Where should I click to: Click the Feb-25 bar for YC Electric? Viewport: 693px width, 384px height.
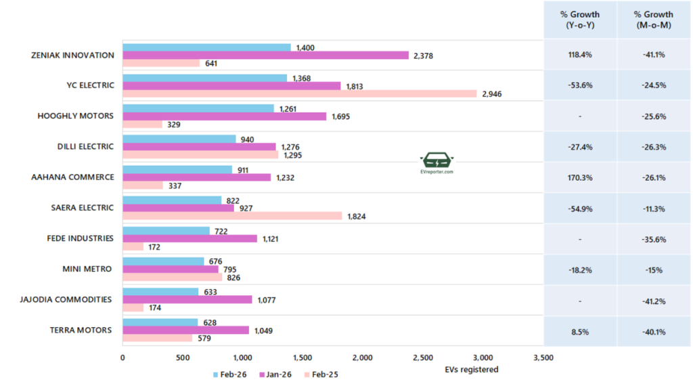(299, 93)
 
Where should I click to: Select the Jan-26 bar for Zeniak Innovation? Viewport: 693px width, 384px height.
(265, 55)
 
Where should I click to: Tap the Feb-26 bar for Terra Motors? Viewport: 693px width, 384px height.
(160, 322)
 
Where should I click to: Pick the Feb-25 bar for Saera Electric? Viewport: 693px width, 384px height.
(232, 216)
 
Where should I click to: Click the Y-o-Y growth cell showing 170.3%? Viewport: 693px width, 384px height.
(581, 178)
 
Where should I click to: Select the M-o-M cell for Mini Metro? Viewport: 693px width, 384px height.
(654, 270)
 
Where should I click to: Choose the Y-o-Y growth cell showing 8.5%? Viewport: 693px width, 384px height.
(581, 331)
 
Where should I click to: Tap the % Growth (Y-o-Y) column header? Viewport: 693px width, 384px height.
(581, 20)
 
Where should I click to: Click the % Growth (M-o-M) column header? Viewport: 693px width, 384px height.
(654, 20)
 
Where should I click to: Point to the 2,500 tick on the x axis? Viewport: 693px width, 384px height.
(423, 358)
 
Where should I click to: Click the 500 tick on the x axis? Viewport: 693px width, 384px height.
(183, 358)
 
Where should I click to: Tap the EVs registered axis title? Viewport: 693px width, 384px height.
(472, 370)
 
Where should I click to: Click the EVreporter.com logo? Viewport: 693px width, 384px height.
(437, 163)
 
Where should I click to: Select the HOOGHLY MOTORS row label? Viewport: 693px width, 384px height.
(75, 116)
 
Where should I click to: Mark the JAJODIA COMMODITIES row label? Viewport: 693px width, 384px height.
(66, 300)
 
